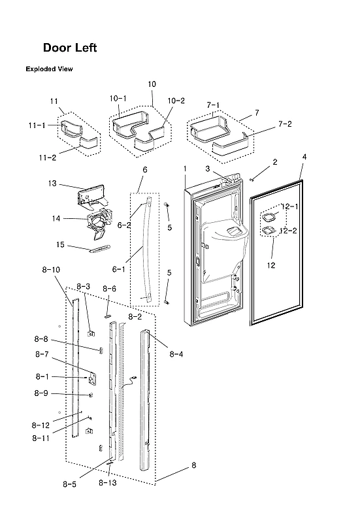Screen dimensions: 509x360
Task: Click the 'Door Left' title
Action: pos(70,48)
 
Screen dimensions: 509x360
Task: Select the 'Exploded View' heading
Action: pos(49,69)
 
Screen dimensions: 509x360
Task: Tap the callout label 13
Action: pos(53,184)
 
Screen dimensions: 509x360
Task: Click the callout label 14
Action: pos(57,218)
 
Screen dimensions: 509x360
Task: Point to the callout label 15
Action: pos(59,245)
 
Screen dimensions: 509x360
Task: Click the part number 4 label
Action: pos(304,157)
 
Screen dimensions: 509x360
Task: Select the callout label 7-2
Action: pos(285,123)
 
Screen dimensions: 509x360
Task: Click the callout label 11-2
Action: pos(46,157)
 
